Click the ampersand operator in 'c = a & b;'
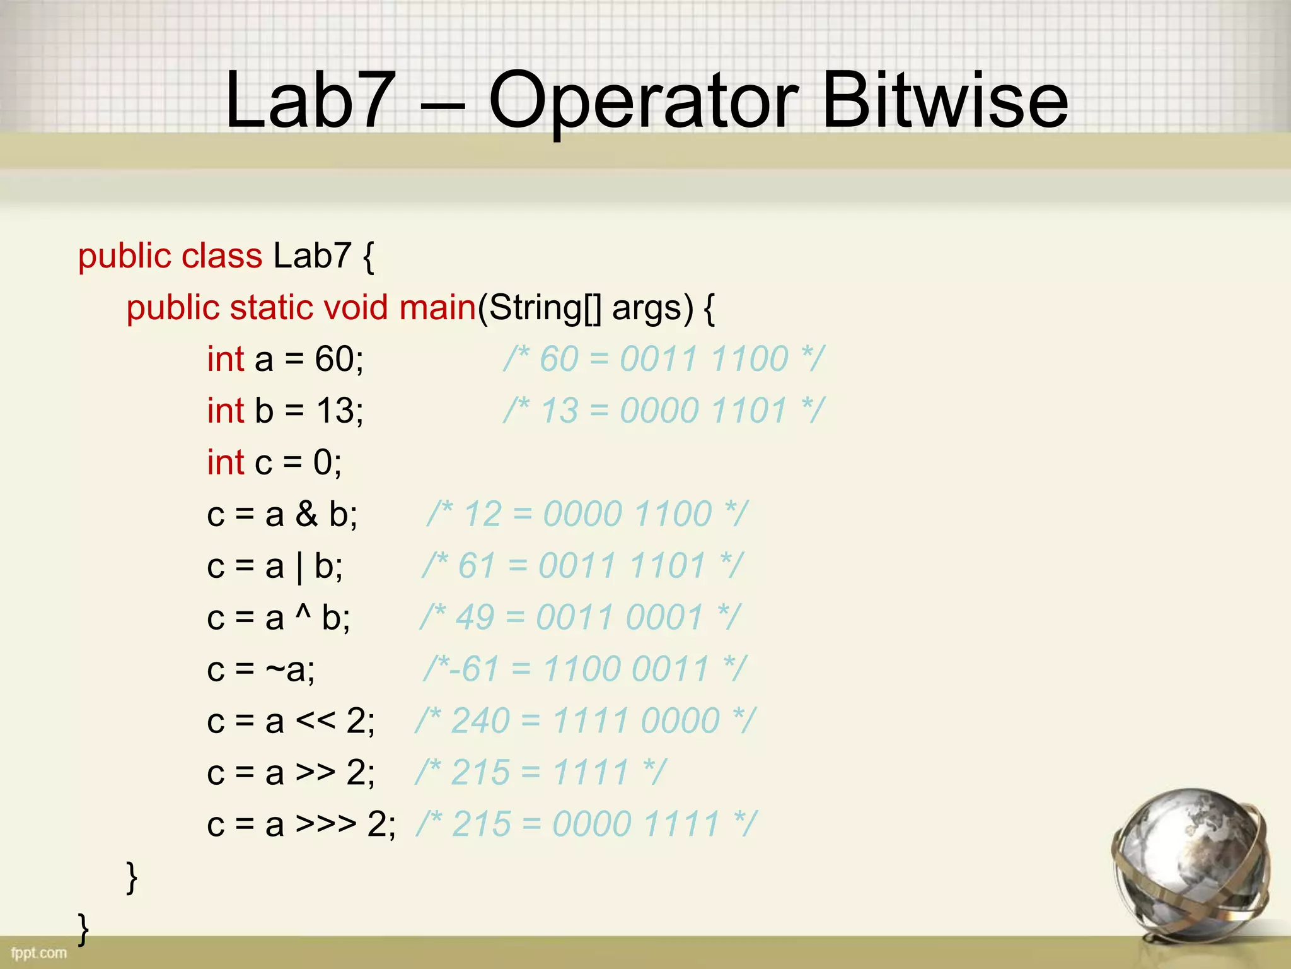[306, 514]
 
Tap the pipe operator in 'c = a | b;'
[299, 567]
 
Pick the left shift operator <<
[315, 721]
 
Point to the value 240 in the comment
[480, 721]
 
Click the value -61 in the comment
[474, 669]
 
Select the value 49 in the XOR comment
[474, 618]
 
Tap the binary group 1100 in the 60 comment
[750, 360]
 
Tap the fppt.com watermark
[38, 953]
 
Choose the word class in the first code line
[221, 256]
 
